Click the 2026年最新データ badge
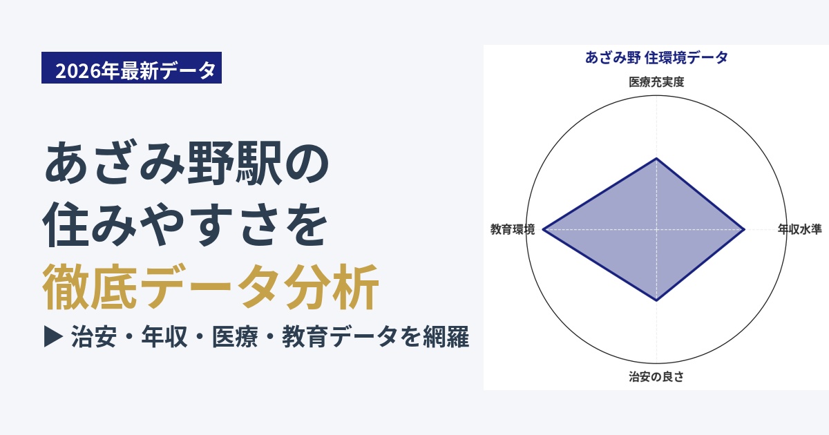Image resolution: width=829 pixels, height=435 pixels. point(131,68)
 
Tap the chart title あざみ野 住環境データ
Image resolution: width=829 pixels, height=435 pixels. point(656,58)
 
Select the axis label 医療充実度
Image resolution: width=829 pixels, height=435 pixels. point(656,81)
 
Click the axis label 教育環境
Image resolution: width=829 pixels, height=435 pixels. point(513,229)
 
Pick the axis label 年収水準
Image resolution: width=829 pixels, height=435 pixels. point(800,229)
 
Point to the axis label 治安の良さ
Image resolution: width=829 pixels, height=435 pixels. point(656,376)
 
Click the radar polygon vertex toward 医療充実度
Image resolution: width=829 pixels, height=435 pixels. point(656,158)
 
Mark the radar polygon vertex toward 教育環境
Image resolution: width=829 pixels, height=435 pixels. point(543,229)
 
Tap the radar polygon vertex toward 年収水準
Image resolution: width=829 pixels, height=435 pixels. point(744,229)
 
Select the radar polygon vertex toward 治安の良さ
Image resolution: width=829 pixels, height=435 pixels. point(656,300)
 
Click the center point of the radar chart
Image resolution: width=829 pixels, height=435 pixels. point(656,229)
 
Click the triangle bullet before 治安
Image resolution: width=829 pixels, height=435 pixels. point(53,337)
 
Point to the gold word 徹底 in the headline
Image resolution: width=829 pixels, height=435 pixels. point(90,287)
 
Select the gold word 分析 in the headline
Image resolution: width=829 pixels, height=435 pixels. point(331,287)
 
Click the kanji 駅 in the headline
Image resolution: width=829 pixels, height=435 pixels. point(258,163)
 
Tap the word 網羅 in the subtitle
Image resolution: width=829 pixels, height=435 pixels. point(446,337)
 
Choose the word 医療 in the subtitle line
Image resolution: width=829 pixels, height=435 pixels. point(235,337)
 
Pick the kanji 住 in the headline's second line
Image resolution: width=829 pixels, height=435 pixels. point(66,224)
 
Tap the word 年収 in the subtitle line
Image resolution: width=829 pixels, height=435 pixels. point(164,337)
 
